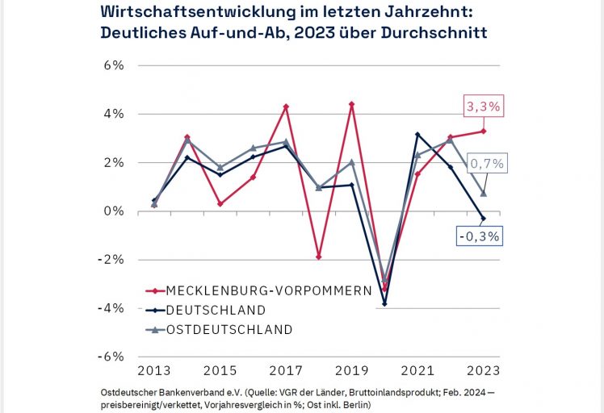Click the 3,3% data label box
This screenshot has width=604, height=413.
[x=482, y=106]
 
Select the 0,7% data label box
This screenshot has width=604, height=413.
[x=488, y=164]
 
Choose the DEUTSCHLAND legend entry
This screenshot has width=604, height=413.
[x=216, y=310]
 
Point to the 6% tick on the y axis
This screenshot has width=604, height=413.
[x=112, y=65]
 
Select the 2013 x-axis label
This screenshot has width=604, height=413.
[x=154, y=371]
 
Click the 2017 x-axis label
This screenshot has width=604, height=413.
[x=286, y=371]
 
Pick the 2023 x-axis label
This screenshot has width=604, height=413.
[x=484, y=371]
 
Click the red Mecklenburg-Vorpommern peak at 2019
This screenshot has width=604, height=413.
[x=352, y=104]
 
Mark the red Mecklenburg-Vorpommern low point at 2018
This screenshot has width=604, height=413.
[x=319, y=257]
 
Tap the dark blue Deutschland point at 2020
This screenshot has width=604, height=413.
[x=385, y=303]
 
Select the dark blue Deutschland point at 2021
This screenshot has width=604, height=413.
[x=417, y=134]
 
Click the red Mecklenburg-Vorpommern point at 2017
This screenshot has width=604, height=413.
[x=286, y=106]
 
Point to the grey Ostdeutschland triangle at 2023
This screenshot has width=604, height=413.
[x=484, y=194]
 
